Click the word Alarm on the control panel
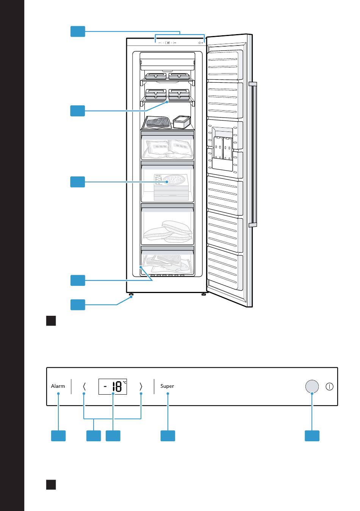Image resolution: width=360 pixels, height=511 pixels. point(58,386)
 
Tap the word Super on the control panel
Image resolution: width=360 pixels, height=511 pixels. point(167,386)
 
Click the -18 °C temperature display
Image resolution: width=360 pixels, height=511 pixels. point(113,386)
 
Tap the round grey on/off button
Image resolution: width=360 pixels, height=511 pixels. point(312,386)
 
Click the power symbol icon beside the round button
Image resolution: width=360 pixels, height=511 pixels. point(329,387)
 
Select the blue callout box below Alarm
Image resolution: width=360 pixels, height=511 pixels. point(58,436)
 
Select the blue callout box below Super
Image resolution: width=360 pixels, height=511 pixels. point(168,436)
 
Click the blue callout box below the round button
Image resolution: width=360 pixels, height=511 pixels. point(312,436)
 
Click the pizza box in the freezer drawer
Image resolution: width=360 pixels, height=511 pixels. point(171,187)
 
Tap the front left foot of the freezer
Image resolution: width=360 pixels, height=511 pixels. point(131,295)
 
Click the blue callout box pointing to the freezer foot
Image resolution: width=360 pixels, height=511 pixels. point(78,304)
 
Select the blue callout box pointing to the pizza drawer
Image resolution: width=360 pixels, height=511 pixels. point(78,182)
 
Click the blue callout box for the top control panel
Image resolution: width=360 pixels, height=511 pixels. point(78,31)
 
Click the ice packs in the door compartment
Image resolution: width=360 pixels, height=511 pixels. point(223,148)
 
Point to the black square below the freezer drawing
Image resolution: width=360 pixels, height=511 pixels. point(51,321)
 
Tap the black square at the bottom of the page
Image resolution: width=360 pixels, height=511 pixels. point(51,485)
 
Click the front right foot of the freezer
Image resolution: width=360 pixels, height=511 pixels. point(203,295)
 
